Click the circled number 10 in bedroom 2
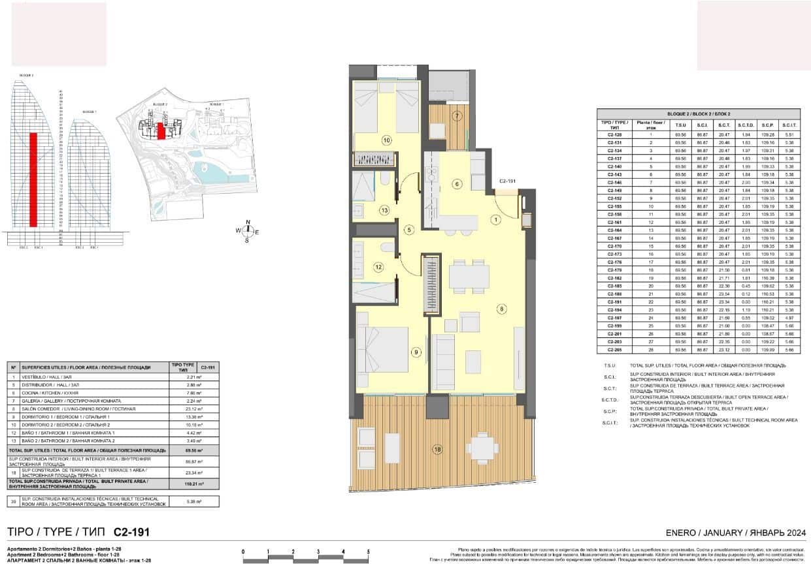click(386, 140)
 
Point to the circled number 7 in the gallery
click(457, 117)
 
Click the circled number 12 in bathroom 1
click(378, 266)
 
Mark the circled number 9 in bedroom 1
click(416, 352)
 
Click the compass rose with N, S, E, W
click(248, 231)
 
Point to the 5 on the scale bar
click(369, 552)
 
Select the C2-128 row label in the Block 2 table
click(614, 134)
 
